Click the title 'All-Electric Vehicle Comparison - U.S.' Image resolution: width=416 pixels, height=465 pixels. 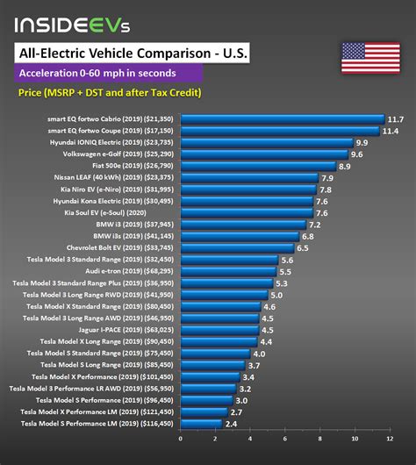133,54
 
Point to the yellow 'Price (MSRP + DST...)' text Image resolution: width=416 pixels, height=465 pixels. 108,92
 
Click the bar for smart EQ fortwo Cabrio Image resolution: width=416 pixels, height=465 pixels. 282,118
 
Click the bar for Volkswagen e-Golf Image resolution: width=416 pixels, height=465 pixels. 264,154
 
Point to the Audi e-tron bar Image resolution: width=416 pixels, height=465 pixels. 228,272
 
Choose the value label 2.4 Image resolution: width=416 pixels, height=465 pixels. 233,425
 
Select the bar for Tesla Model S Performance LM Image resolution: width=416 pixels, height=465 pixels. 201,425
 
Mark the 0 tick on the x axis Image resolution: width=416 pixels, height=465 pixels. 181,439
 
